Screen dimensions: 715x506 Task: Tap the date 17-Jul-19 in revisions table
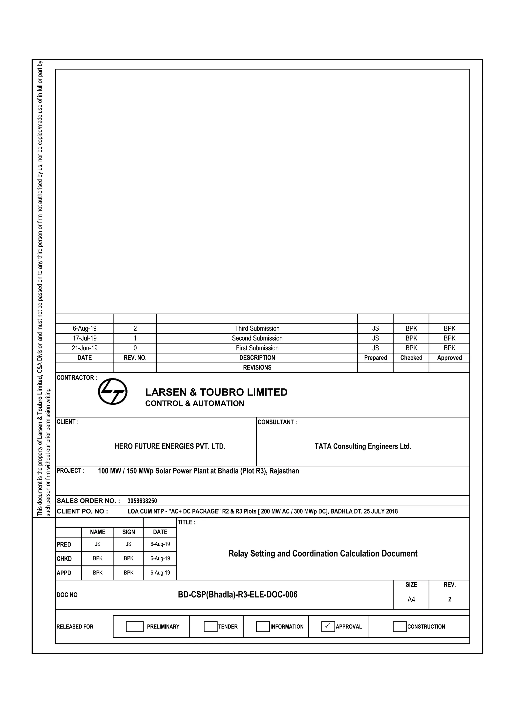[x=84, y=338]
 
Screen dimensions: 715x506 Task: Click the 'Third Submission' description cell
[x=257, y=329]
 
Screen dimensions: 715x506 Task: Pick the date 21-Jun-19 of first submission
[x=84, y=348]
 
